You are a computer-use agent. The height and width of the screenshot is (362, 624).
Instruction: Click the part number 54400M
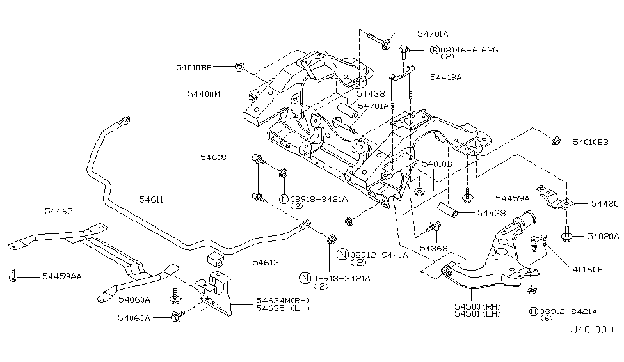204,94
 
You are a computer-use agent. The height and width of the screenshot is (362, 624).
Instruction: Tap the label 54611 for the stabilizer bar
152,200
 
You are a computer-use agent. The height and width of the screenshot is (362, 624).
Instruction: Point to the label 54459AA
61,276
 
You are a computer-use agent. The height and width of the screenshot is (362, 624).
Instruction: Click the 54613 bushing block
216,261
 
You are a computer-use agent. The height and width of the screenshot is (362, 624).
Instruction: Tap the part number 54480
605,204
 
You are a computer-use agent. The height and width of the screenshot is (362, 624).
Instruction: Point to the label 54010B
436,163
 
